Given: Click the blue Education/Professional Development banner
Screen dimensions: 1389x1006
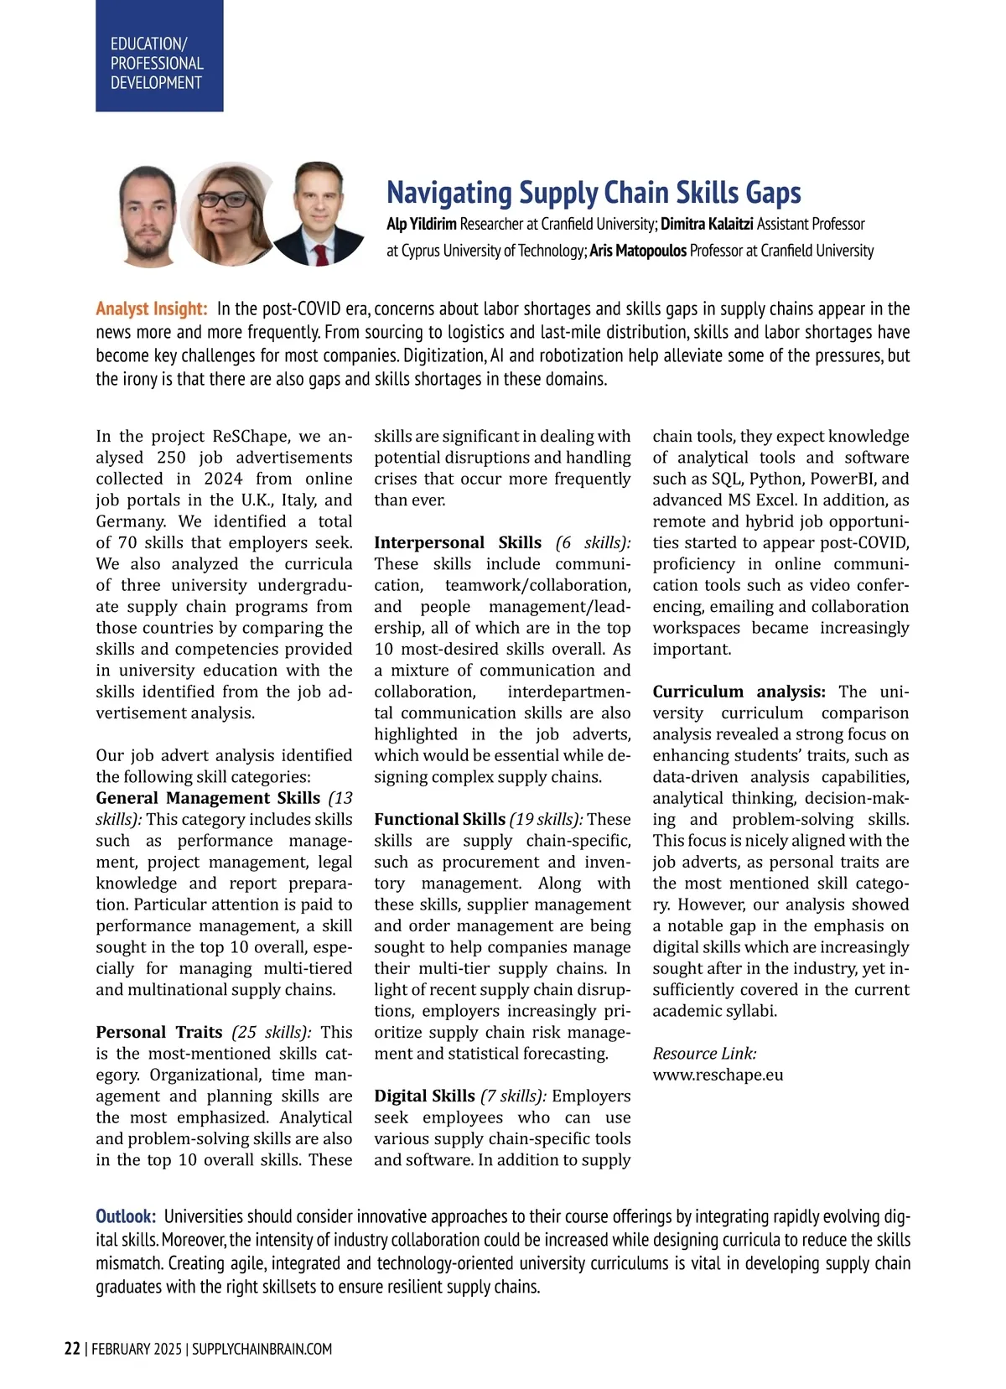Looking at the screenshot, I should (159, 56).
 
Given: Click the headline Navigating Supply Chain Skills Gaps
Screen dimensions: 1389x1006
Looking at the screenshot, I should (593, 193).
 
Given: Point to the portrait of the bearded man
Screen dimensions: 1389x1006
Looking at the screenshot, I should (148, 216).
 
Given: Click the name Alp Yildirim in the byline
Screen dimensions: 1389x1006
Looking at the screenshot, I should (421, 224).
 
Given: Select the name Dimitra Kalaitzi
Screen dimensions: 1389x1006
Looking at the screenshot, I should (707, 224).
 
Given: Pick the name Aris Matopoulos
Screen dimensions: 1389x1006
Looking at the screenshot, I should (637, 251).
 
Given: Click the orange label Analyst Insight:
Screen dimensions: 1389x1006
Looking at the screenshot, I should (151, 308).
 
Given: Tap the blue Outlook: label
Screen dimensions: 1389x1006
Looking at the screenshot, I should (126, 1216).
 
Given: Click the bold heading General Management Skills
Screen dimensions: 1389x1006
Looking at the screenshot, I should (208, 798).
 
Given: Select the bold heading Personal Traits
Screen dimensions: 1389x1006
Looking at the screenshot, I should (158, 1032).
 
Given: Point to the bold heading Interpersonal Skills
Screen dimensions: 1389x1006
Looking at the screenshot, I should (458, 542).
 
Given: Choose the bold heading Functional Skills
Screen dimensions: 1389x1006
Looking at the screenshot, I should (439, 819).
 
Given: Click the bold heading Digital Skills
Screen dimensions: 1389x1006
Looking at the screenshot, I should (424, 1096).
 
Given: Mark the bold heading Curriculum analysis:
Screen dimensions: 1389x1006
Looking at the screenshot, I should (739, 692).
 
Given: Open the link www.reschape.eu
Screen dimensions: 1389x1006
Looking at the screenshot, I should (718, 1075).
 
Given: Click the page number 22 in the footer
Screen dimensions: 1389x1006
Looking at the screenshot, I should (72, 1349).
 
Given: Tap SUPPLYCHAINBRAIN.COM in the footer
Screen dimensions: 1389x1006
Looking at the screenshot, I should (262, 1349).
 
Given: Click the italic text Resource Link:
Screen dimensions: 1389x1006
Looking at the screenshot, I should (704, 1054).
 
